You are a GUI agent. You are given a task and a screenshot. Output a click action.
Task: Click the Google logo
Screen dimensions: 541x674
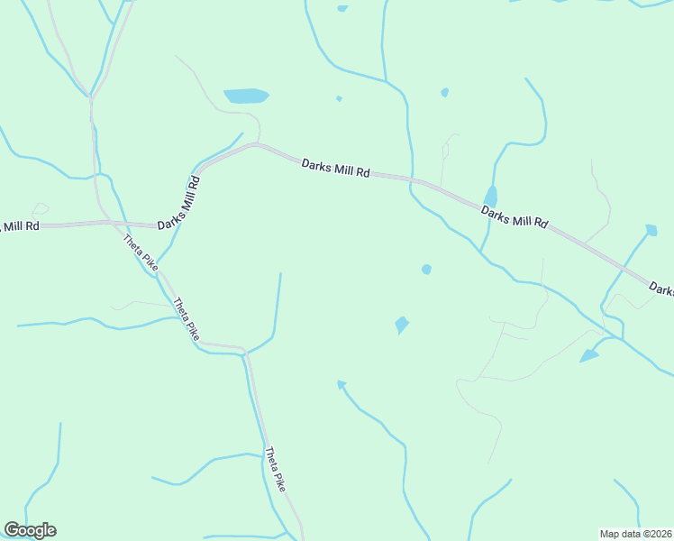30,530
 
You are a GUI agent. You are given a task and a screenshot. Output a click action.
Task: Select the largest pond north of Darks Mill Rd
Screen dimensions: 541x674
246,96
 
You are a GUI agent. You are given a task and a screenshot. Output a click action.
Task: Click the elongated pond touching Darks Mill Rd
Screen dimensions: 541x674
490,197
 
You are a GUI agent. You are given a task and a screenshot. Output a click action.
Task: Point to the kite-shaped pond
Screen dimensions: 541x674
401,324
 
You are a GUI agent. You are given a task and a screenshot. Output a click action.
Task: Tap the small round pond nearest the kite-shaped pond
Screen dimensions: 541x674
426,269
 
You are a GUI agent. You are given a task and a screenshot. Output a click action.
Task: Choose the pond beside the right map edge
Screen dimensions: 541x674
651,230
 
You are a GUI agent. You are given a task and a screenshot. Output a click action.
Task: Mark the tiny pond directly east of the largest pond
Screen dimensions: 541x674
339,98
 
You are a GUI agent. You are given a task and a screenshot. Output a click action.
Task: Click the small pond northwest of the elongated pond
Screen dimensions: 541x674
445,92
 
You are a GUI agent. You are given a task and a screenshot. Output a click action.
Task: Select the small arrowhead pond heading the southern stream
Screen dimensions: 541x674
342,384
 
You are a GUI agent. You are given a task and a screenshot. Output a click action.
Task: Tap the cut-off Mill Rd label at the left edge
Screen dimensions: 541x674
19,225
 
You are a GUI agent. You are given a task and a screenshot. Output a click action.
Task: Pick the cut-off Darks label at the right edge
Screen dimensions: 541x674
662,289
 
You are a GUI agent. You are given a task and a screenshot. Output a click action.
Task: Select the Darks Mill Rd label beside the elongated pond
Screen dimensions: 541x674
514,216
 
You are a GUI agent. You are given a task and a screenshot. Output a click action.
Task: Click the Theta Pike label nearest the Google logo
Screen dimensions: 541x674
275,469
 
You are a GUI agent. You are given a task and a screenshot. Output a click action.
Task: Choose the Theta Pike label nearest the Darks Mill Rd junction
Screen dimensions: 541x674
141,253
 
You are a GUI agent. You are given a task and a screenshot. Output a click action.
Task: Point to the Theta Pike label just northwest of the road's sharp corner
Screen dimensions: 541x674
187,317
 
